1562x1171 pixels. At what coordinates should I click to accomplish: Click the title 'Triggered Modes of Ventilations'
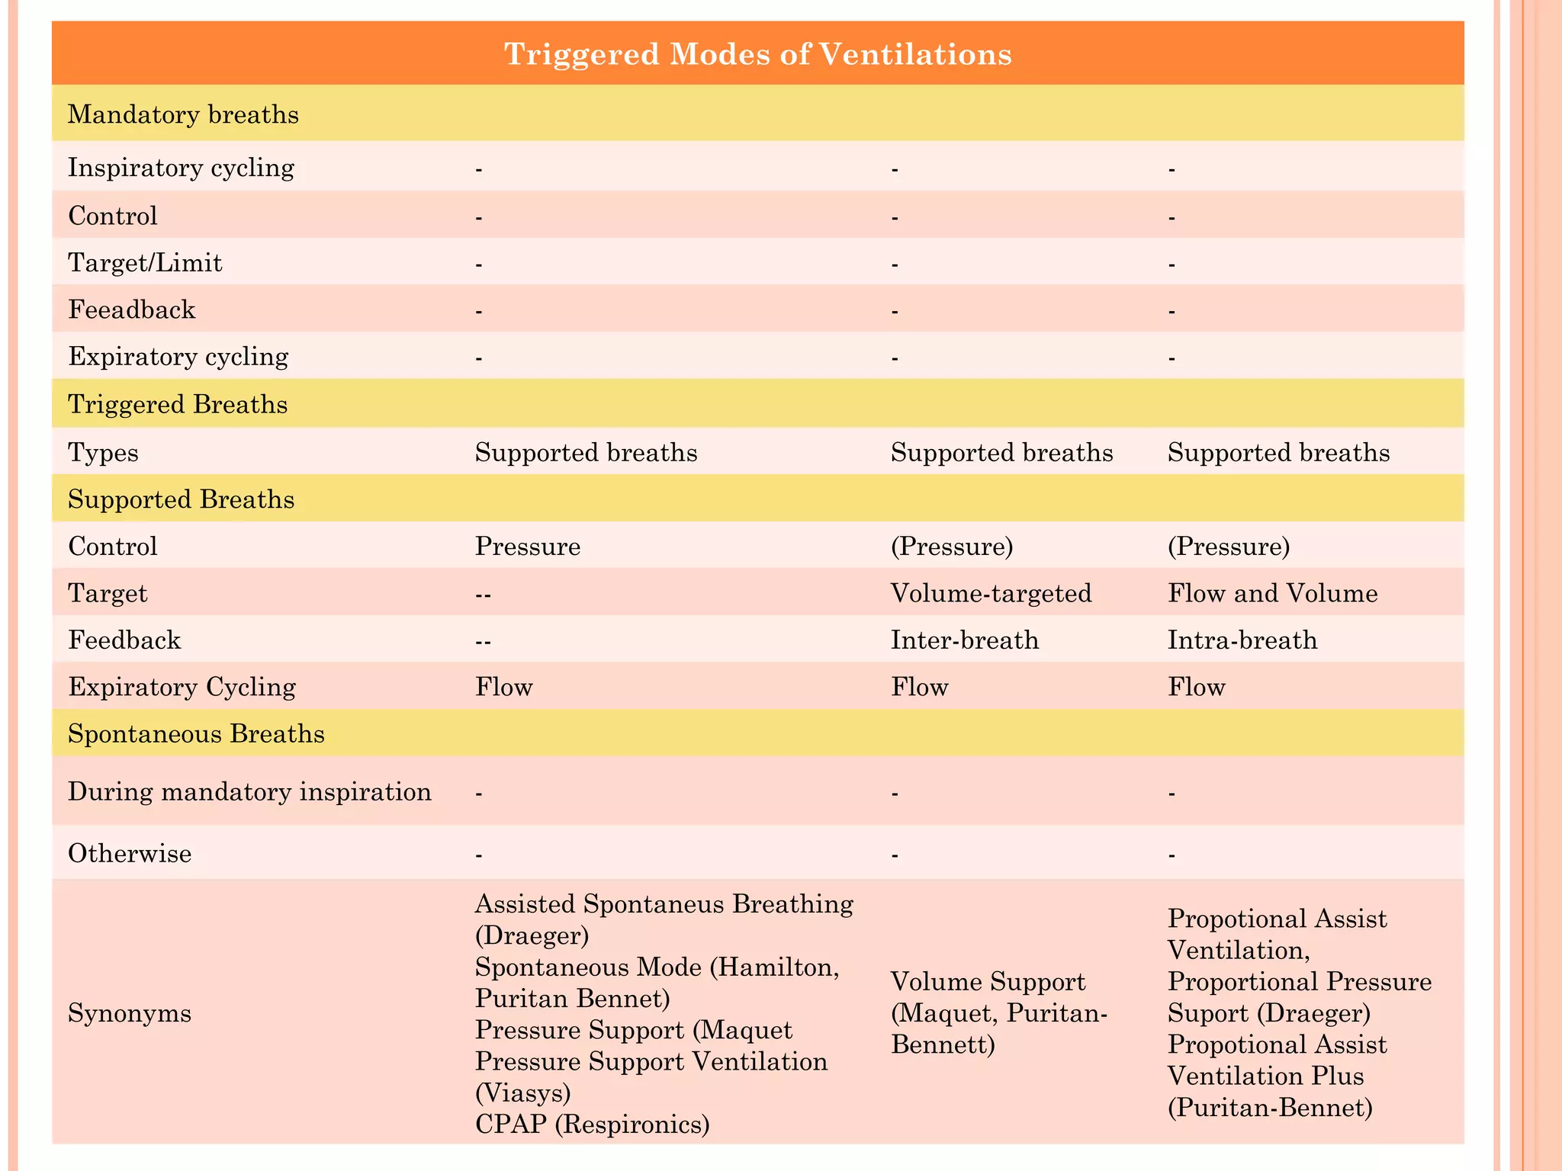click(758, 54)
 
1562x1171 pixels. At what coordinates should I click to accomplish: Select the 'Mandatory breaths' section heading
click(183, 114)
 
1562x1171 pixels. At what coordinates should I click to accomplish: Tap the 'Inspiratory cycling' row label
click(181, 167)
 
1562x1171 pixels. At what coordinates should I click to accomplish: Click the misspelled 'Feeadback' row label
click(132, 310)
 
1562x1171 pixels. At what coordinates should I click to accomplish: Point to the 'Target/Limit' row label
click(145, 263)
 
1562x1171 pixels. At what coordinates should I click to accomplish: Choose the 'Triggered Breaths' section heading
click(178, 404)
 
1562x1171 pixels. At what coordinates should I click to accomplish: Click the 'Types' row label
click(103, 453)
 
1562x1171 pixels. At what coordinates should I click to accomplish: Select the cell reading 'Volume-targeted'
click(991, 593)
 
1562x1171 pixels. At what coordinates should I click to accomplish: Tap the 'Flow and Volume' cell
click(1272, 593)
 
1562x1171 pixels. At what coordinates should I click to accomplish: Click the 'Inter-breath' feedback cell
click(965, 640)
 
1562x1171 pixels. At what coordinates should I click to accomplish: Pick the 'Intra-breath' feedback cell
click(1242, 640)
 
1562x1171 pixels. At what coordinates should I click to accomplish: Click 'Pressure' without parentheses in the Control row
click(528, 547)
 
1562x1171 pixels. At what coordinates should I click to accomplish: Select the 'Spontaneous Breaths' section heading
click(196, 733)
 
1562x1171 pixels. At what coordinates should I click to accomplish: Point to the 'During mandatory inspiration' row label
click(249, 791)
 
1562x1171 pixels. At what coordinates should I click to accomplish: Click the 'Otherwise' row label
click(130, 853)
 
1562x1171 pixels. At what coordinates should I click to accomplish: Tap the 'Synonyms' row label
click(130, 1013)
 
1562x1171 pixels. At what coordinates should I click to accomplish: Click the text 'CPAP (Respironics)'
click(592, 1124)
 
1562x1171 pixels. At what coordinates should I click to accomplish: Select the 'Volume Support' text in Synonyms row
click(988, 981)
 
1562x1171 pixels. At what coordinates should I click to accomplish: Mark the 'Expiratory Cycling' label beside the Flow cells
click(182, 687)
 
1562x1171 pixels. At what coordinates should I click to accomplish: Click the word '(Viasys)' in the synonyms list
click(522, 1092)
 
